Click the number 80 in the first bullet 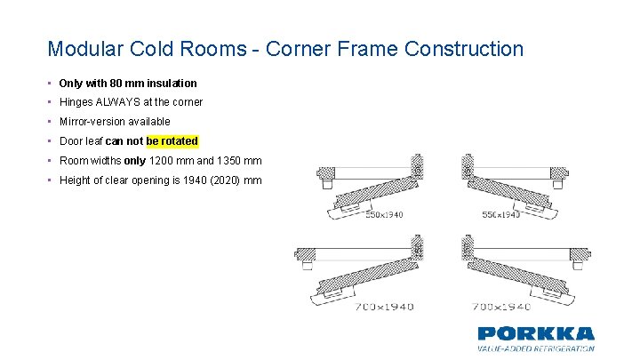point(113,83)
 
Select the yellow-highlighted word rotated point(180,141)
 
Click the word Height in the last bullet point(75,180)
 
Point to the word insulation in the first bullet point(172,83)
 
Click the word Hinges point(76,102)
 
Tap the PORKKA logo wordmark point(535,333)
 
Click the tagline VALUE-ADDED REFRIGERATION point(535,348)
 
